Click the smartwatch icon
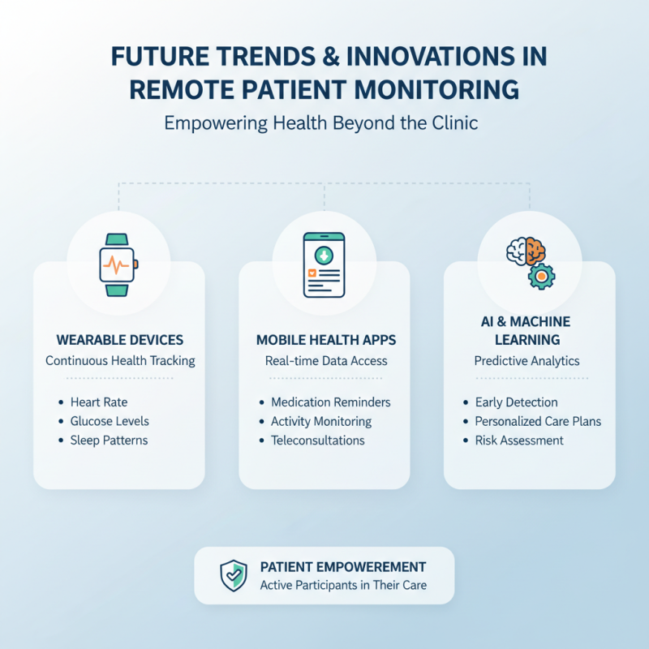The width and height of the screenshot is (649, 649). [118, 264]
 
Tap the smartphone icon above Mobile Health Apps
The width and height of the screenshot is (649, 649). [324, 264]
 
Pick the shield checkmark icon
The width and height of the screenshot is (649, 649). [234, 575]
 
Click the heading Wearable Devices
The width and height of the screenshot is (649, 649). [120, 340]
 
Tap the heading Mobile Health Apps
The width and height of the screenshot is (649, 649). [324, 340]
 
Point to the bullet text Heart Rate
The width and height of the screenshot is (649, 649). [99, 402]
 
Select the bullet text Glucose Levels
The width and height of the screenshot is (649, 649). [110, 421]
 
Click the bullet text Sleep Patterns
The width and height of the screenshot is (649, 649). [109, 441]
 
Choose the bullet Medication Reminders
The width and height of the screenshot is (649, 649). [330, 402]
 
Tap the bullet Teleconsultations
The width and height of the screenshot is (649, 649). [317, 441]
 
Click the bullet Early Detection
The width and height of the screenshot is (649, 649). [516, 402]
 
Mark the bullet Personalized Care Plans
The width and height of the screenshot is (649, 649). [538, 421]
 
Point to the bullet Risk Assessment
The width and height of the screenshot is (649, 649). [518, 441]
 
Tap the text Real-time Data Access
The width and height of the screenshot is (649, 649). [324, 361]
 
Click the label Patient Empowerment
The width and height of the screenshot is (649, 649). [342, 567]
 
